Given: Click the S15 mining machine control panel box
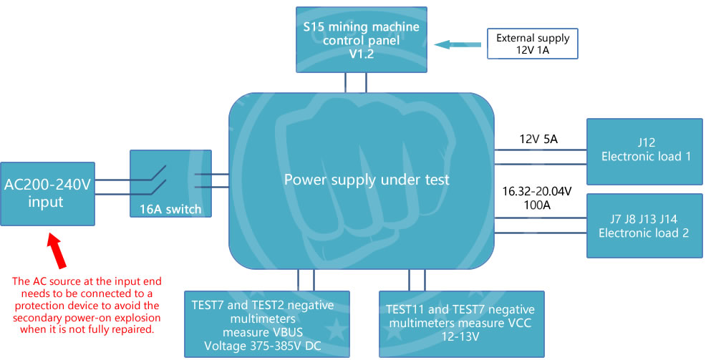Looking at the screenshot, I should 362,39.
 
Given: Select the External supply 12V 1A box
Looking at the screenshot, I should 533,44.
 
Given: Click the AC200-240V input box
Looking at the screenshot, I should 48,193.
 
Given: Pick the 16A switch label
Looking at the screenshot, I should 170,210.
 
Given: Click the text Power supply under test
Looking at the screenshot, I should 367,179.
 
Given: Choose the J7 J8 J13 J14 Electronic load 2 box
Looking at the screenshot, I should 645,225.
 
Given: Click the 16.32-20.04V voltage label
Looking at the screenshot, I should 536,191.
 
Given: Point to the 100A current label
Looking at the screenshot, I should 536,205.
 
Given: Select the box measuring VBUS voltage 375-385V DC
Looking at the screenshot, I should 266,323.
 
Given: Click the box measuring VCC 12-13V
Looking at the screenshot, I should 462,323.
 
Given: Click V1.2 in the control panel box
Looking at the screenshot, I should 361,54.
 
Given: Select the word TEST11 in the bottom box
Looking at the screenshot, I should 407,310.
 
